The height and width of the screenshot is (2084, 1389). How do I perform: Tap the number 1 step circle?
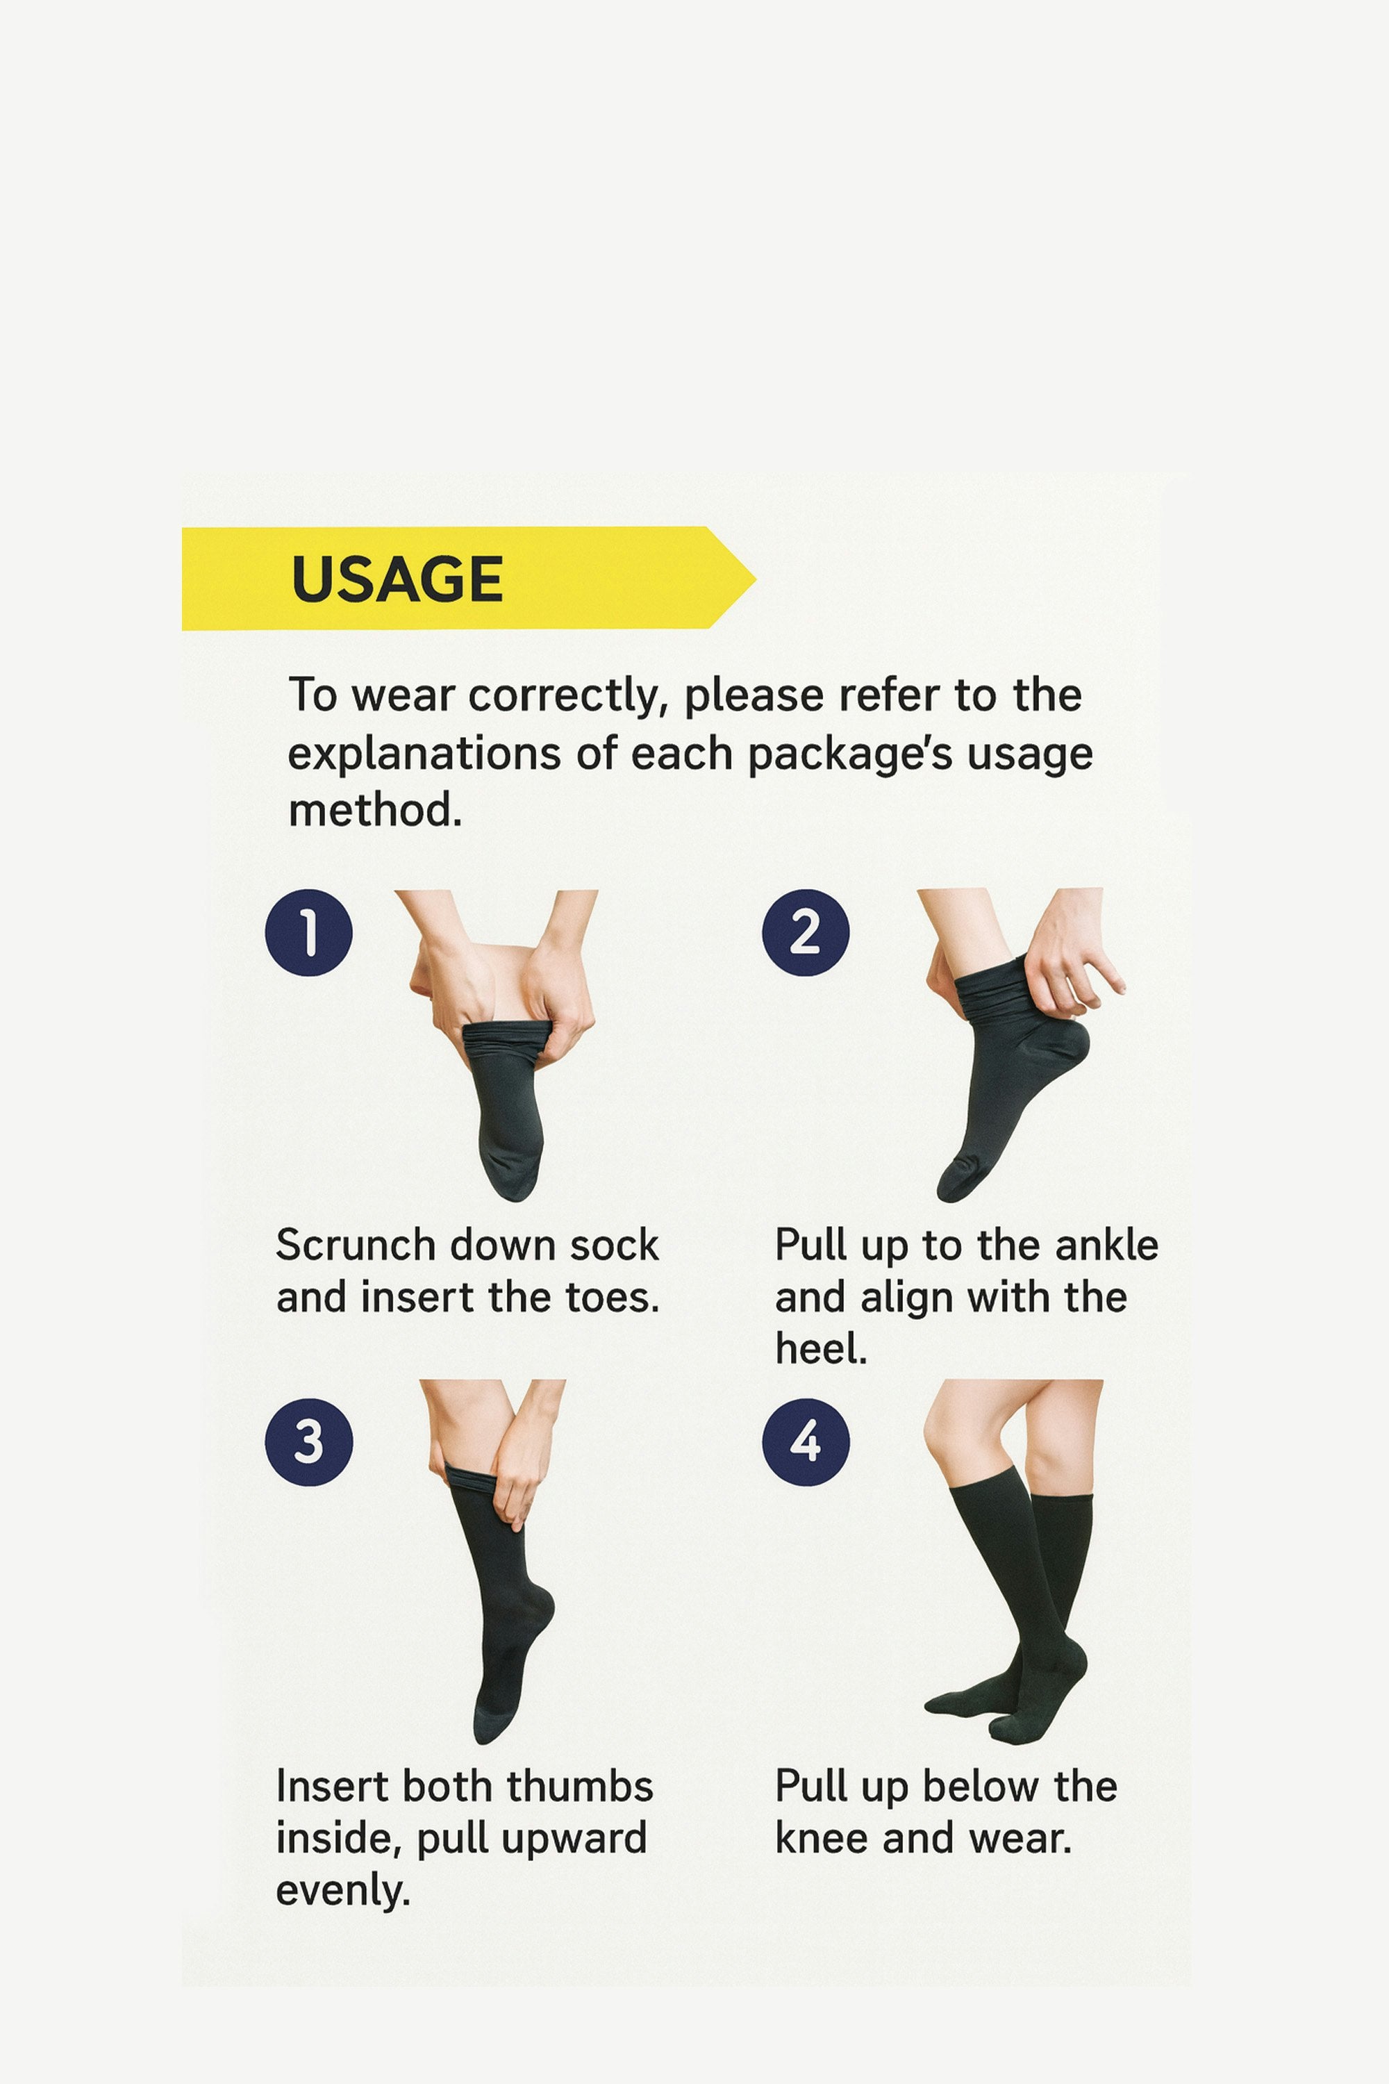308,932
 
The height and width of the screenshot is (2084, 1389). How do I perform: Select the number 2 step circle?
805,932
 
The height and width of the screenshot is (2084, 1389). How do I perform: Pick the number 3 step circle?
308,1441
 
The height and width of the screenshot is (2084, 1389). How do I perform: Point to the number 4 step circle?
805,1441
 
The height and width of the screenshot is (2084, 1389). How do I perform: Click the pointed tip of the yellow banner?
755,579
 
